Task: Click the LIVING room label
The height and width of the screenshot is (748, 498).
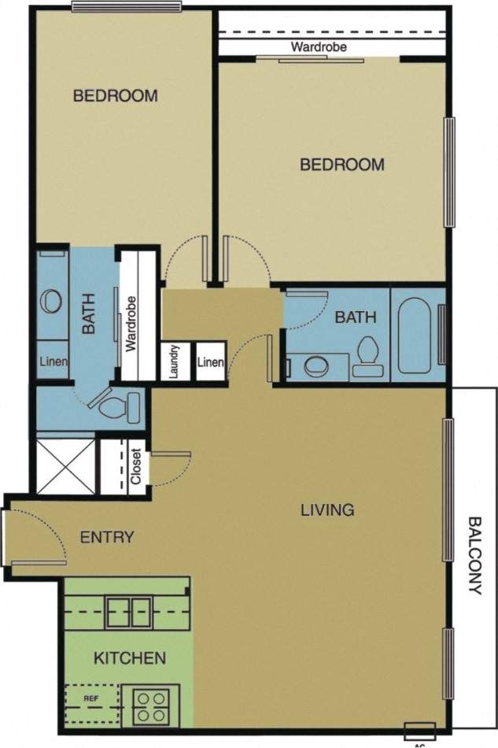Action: (x=327, y=509)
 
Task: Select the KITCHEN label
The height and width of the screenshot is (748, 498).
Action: (x=130, y=657)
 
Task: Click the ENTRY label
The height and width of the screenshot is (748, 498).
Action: (x=107, y=537)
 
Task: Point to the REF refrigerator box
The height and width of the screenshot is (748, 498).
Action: (x=93, y=698)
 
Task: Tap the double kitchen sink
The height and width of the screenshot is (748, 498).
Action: (x=129, y=611)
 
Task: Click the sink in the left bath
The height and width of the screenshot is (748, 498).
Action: (x=53, y=301)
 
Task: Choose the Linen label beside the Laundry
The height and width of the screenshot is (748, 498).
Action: (x=210, y=362)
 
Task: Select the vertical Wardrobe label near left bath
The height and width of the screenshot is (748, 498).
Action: (x=131, y=323)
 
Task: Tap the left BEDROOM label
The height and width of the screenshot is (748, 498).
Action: (x=115, y=96)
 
